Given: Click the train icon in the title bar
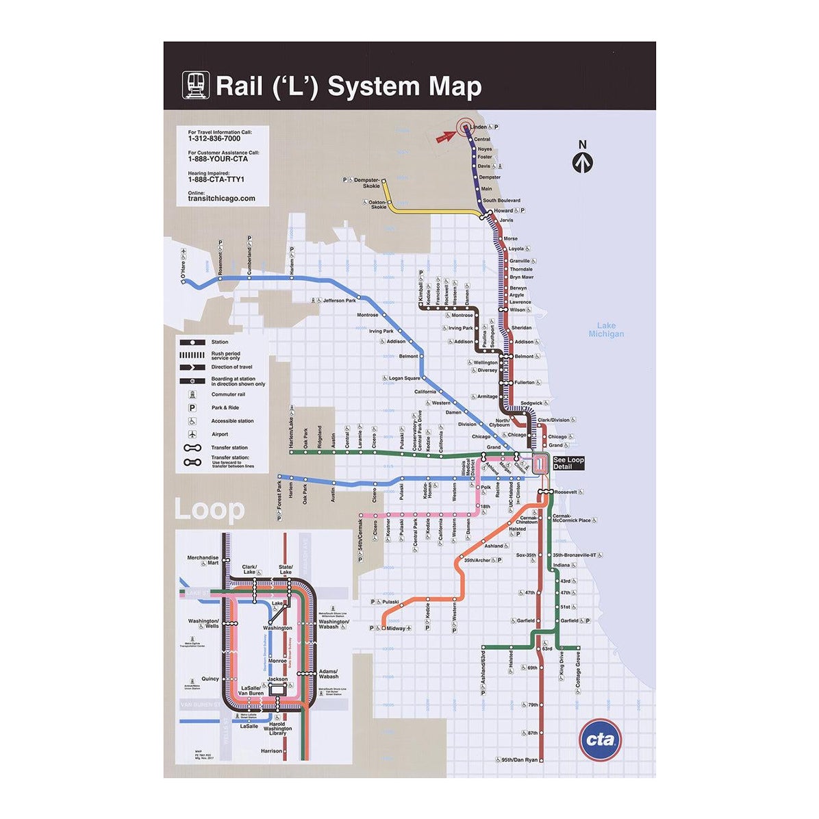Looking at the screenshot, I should click(x=194, y=86).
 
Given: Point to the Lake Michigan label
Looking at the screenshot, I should click(x=606, y=330).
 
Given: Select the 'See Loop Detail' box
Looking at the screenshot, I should click(x=568, y=464).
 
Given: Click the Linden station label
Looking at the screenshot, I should click(x=479, y=127).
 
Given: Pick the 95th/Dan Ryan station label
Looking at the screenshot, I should click(x=518, y=760).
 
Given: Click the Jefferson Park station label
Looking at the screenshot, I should click(x=340, y=301).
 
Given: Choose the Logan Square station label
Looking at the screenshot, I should click(x=404, y=378).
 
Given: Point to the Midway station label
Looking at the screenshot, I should click(x=396, y=629).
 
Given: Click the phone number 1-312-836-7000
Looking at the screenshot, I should click(x=214, y=138).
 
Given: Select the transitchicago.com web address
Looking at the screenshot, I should click(x=221, y=199).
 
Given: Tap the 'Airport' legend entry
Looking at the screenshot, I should click(x=220, y=434).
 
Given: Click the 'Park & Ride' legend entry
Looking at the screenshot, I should click(x=225, y=407).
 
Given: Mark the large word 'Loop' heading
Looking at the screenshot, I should click(x=209, y=510).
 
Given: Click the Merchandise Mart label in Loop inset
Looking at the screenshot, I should click(x=203, y=560).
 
